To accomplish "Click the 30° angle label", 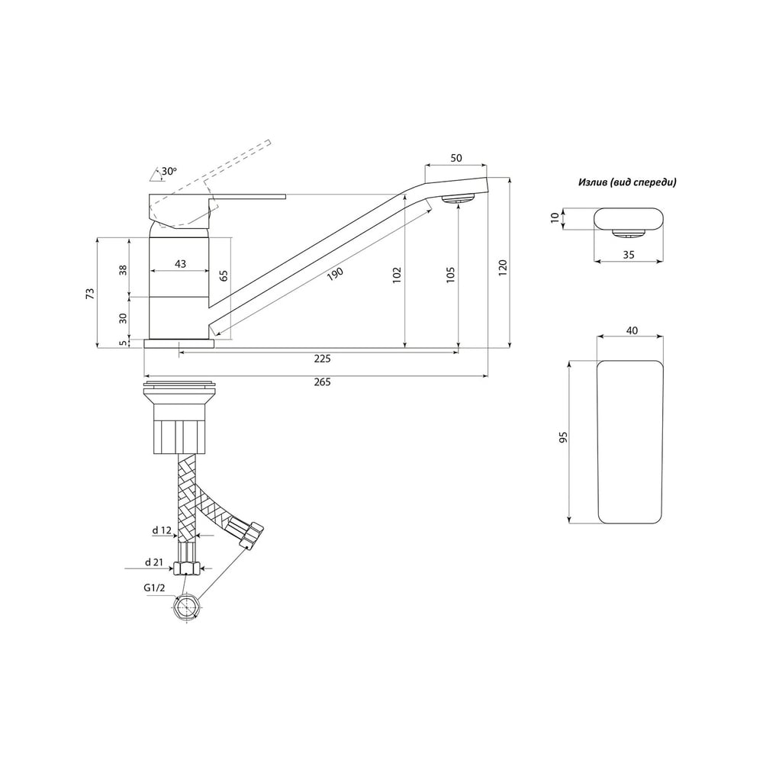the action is (169, 171).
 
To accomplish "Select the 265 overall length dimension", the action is (322, 382).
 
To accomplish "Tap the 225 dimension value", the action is (322, 359).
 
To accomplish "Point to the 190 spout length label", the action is (335, 275).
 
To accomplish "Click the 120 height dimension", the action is (503, 267).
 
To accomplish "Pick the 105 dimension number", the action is (451, 275).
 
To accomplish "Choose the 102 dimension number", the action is (397, 275).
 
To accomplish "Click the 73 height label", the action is (90, 294).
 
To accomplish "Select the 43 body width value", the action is (180, 264).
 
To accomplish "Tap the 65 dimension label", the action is (224, 276).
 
